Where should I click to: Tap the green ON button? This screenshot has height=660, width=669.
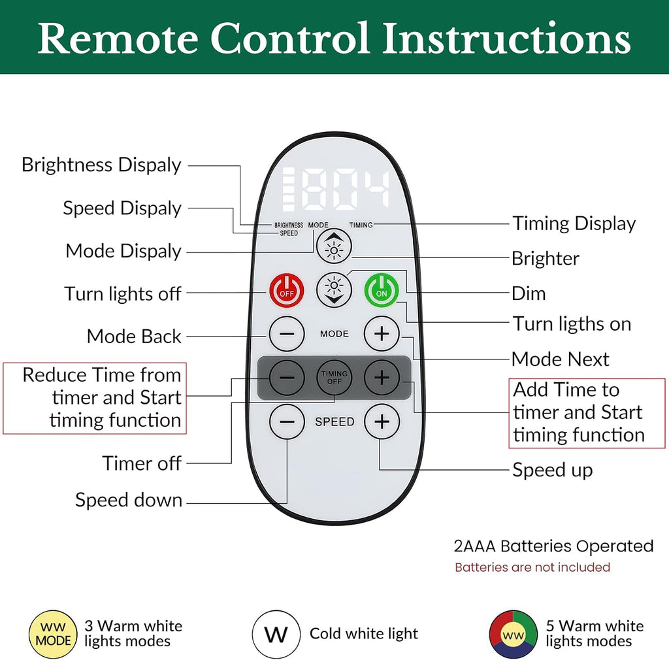pyautogui.click(x=382, y=291)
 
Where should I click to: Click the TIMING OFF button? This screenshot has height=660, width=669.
pyautogui.click(x=334, y=378)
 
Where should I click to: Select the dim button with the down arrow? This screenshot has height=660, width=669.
pyautogui.click(x=334, y=290)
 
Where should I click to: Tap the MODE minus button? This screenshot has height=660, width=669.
pyautogui.click(x=287, y=334)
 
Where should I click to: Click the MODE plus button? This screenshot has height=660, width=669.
pyautogui.click(x=382, y=334)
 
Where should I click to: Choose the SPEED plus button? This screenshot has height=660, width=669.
pyautogui.click(x=382, y=421)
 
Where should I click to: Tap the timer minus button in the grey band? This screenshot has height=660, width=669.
pyautogui.click(x=287, y=378)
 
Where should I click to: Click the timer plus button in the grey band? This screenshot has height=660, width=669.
pyautogui.click(x=382, y=378)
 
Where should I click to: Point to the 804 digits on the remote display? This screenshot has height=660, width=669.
pyautogui.click(x=346, y=189)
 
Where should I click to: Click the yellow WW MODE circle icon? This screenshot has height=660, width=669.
pyautogui.click(x=53, y=634)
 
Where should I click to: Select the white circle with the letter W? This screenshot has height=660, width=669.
pyautogui.click(x=276, y=634)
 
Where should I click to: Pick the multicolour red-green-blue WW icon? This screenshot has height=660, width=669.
pyautogui.click(x=514, y=635)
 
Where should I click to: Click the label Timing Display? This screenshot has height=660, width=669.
pyautogui.click(x=574, y=223)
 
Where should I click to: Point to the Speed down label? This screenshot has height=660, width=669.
pyautogui.click(x=129, y=500)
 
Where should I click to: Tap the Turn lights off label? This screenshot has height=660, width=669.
pyautogui.click(x=123, y=293)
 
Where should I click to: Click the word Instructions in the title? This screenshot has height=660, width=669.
pyautogui.click(x=506, y=38)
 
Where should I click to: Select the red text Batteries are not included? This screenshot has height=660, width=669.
pyautogui.click(x=532, y=567)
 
